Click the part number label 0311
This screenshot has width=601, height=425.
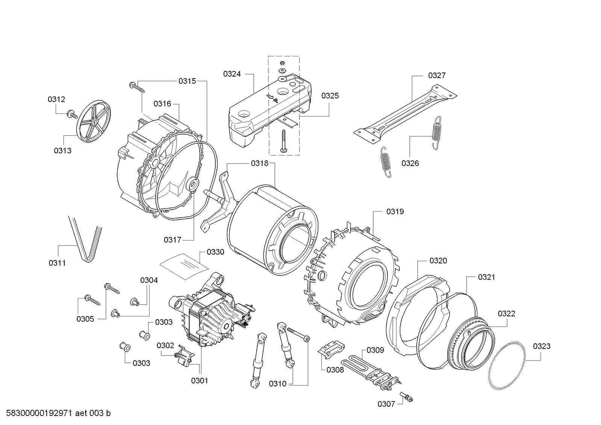[57, 263]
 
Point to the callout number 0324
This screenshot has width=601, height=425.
[232, 74]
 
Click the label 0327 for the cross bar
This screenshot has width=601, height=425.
[437, 76]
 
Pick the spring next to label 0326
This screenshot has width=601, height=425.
[436, 133]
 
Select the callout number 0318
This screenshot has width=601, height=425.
[260, 163]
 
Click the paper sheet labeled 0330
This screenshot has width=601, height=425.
[184, 265]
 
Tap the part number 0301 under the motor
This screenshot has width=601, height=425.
[199, 381]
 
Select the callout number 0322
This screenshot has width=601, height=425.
[506, 313]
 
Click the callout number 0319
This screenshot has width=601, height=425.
[395, 212]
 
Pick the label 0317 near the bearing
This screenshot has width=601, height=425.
[173, 240]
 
